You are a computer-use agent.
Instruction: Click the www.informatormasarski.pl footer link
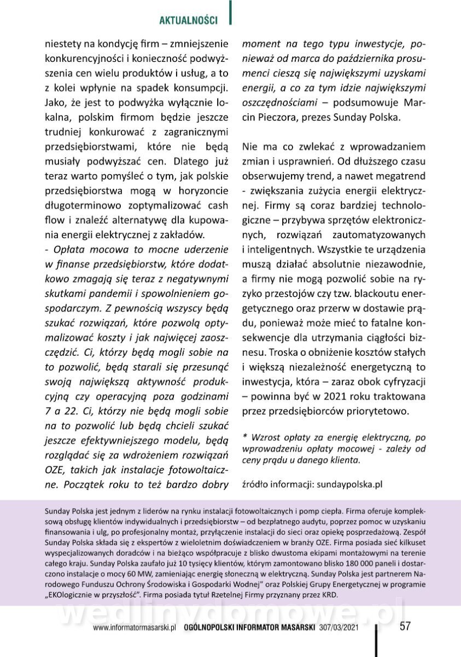[133, 628]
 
